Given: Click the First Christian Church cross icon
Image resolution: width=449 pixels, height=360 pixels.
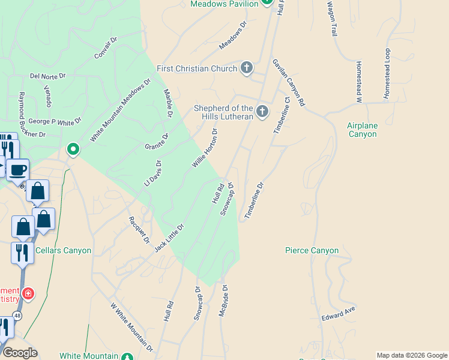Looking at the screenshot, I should pyautogui.click(x=247, y=68).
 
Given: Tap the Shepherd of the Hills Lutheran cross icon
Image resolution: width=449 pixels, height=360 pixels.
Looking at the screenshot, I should pyautogui.click(x=262, y=111).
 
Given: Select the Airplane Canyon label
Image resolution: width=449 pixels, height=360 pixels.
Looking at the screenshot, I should pyautogui.click(x=362, y=130).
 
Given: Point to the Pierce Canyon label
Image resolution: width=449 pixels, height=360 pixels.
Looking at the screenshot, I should pyautogui.click(x=312, y=250).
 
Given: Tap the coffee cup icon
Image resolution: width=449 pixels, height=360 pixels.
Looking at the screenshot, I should pyautogui.click(x=17, y=170).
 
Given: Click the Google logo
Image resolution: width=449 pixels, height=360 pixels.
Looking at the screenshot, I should pyautogui.click(x=20, y=352).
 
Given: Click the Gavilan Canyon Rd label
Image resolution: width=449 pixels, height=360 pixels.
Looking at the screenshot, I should pyautogui.click(x=289, y=83).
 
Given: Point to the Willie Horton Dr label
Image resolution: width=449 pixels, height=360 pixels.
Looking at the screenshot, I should pyautogui.click(x=204, y=148).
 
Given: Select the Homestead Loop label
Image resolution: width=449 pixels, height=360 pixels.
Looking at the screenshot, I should pyautogui.click(x=387, y=74).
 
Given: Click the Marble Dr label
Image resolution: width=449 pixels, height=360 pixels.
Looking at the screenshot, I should pyautogui.click(x=169, y=103).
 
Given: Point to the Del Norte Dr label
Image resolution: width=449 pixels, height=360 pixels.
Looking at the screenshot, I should pyautogui.click(x=47, y=77).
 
